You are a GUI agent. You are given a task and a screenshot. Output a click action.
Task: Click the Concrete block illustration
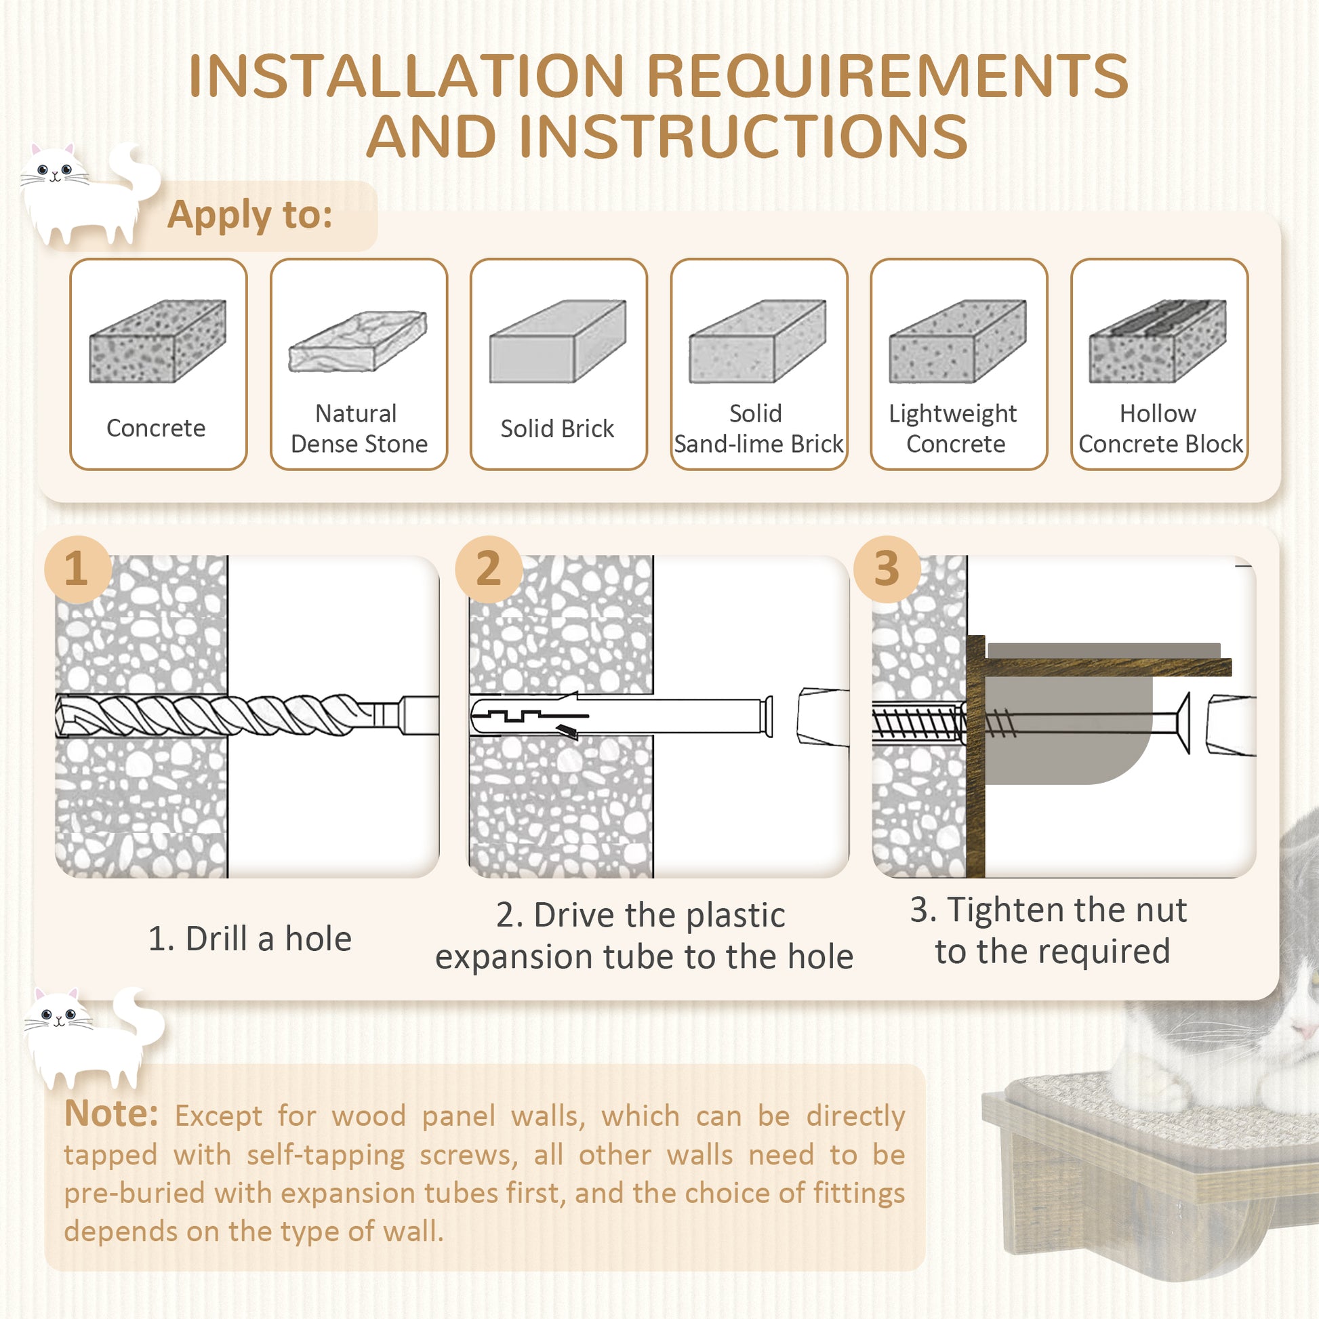(158, 342)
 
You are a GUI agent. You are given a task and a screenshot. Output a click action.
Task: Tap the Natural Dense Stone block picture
(358, 342)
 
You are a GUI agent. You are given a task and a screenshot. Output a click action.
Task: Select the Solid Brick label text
(557, 429)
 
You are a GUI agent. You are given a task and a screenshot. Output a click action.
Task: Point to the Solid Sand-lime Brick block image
(758, 342)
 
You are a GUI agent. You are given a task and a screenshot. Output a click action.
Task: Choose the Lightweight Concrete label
(954, 429)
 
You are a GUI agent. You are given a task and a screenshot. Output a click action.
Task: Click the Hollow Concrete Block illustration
(1158, 342)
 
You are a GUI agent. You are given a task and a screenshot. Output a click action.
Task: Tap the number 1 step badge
(77, 569)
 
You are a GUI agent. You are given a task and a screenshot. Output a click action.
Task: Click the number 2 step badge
(488, 569)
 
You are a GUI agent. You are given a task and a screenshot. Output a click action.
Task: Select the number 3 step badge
(886, 569)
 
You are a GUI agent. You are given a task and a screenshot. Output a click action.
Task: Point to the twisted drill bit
(225, 715)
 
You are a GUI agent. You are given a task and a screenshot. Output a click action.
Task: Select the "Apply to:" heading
(250, 215)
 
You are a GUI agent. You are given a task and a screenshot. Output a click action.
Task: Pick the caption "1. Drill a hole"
(250, 939)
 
